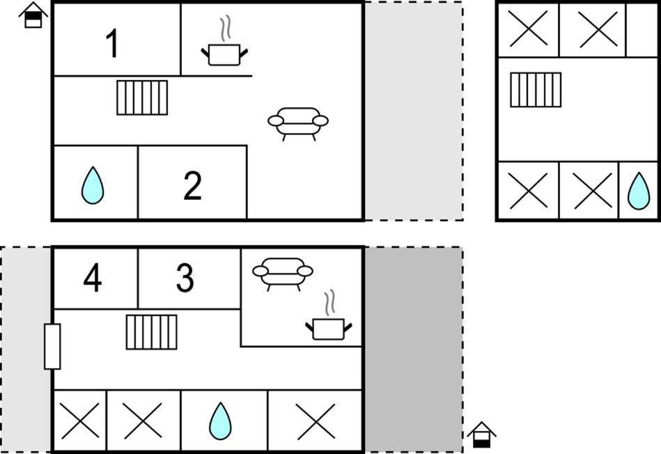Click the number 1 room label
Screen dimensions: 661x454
pos(113,43)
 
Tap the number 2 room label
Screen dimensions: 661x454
pos(193,185)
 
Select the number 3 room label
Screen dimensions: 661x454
pos(185,277)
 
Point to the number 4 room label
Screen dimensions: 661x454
pos(93,277)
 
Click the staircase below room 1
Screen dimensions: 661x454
pos(142,97)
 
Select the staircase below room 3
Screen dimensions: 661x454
pos(152,332)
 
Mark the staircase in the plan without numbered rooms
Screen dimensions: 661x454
pos(536,90)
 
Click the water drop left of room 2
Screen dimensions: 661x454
pos(93,185)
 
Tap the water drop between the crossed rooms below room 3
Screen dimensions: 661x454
pos(221,421)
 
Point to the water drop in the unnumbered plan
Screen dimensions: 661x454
pos(639,191)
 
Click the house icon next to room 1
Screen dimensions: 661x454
pos(33,15)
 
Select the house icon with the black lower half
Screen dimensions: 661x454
pos(482,435)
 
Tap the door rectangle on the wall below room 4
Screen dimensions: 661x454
pos(52,347)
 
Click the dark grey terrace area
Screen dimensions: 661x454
pos(414,350)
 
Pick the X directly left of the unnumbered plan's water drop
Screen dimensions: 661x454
pos(593,191)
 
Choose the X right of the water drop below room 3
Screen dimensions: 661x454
pos(316,421)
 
